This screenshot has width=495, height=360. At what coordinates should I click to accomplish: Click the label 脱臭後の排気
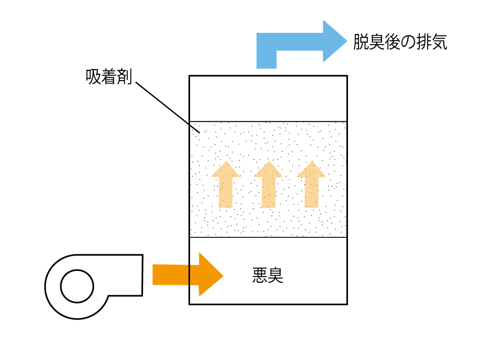[400, 43]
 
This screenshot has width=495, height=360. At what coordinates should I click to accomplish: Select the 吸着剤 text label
[108, 77]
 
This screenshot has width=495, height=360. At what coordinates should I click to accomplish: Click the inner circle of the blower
[77, 286]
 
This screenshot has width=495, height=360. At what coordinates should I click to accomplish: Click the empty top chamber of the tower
[268, 98]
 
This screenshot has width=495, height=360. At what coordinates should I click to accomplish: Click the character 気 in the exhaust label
[439, 43]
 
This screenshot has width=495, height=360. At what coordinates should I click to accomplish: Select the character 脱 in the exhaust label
[361, 43]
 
